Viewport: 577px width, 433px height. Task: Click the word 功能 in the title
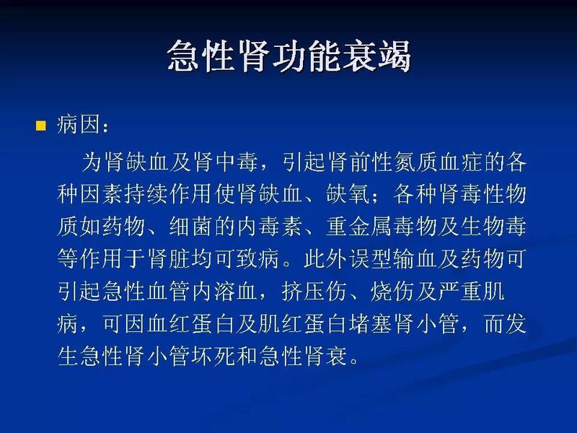pos(288,56)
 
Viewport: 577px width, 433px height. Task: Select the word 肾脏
pos(188,259)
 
